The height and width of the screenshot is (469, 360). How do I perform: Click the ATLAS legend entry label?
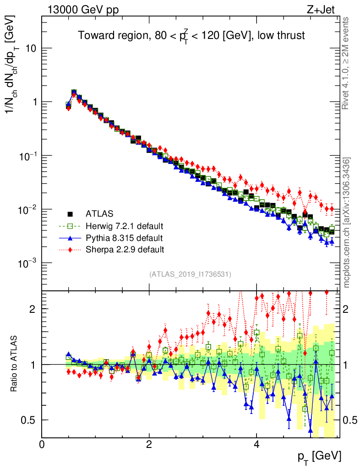point(99,213)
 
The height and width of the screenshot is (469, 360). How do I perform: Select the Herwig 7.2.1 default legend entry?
point(124,226)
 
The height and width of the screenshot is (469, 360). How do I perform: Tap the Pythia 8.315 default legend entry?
point(124,238)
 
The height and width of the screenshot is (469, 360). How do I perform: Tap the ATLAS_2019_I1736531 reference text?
point(190,274)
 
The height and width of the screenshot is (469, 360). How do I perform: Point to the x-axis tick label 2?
point(149,445)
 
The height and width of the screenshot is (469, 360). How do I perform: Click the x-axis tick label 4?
point(256,445)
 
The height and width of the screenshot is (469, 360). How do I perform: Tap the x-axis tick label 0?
point(42,445)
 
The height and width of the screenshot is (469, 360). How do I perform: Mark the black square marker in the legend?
point(71,214)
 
